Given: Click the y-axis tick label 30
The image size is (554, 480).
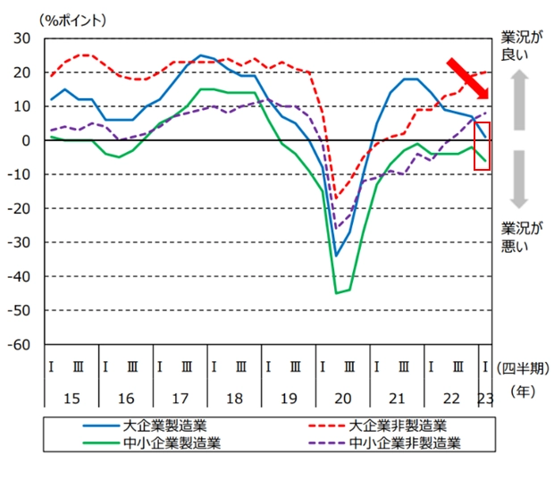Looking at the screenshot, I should pos(22,38).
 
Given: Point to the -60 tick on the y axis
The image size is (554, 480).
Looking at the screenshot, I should pos(19,344).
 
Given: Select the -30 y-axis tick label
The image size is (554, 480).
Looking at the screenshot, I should pos(19,242).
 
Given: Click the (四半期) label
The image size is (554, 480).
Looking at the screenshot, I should pos(521,366).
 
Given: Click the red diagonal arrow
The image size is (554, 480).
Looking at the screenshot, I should pos(468,79).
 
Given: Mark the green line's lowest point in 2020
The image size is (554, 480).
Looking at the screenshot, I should pos(337,292).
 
